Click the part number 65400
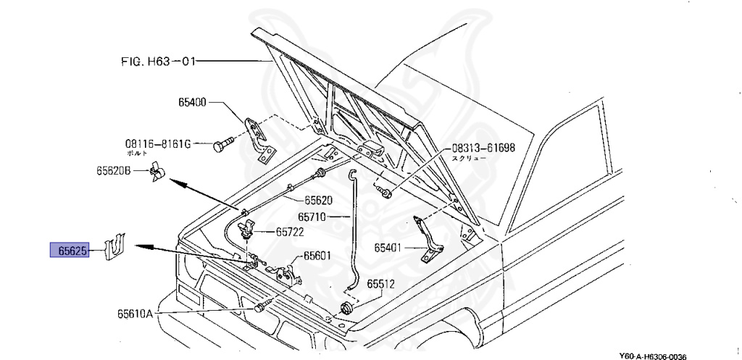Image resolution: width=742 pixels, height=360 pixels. pyautogui.click(x=193, y=104)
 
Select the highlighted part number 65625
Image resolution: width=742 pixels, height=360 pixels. pyautogui.click(x=69, y=251)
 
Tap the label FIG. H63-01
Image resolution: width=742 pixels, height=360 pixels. pyautogui.click(x=159, y=62)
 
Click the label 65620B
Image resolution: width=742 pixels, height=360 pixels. pyautogui.click(x=113, y=171)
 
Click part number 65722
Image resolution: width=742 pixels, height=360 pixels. pyautogui.click(x=289, y=233)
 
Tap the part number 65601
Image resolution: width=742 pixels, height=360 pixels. pyautogui.click(x=317, y=255)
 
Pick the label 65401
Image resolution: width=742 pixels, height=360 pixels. pyautogui.click(x=388, y=248)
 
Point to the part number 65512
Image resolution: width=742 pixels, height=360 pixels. pyautogui.click(x=380, y=284)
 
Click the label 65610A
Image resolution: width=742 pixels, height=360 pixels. pyautogui.click(x=136, y=314)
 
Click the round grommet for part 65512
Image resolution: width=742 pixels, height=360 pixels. pyautogui.click(x=346, y=309)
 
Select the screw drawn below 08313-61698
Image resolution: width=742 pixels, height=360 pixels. pyautogui.click(x=385, y=192)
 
